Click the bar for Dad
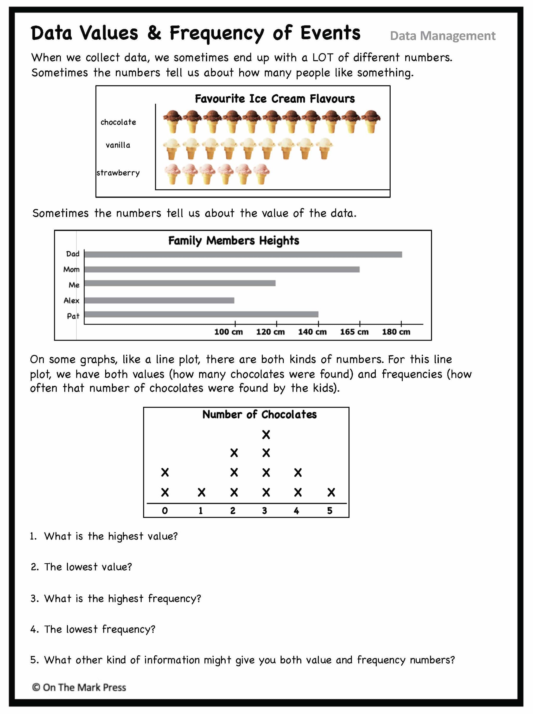pos(243,254)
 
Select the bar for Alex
pos(159,300)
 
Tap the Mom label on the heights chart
pos(71,269)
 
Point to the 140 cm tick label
pos(312,332)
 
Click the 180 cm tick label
pos(396,332)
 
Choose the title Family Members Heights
pos(233,240)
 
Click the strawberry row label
pos(118,173)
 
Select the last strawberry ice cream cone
pos(261,174)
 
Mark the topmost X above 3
pos(266,434)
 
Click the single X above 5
pos(331,492)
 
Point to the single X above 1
pos(201,492)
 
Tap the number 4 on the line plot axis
pos(296,511)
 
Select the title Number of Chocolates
pos(259,414)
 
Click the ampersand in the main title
pos(154,33)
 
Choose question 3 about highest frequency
pos(116,598)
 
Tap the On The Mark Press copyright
pos(79,687)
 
